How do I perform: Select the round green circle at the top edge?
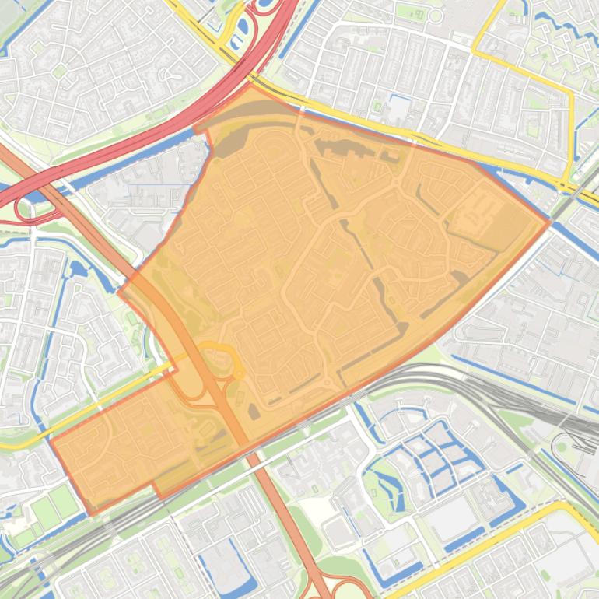click(435, 16)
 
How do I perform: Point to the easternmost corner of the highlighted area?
click(549, 222)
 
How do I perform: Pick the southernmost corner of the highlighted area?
click(93, 514)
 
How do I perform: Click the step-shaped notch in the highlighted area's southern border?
click(156, 490)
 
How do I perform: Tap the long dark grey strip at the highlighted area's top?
click(257, 117)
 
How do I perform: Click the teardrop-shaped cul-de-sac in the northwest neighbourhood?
click(168, 74)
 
